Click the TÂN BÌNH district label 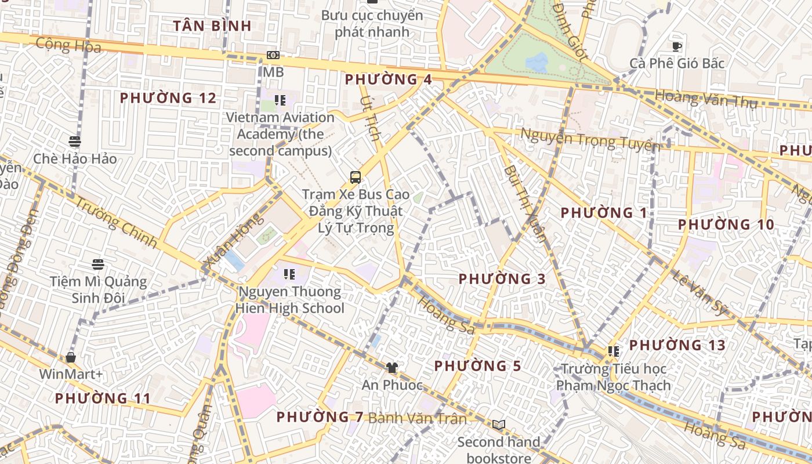(x=212, y=26)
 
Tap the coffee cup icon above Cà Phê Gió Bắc (x=676, y=46)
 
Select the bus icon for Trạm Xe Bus (x=355, y=177)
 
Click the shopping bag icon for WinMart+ (x=71, y=357)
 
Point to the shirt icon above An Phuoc (x=392, y=368)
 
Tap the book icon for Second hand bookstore (x=499, y=425)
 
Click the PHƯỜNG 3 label (x=502, y=279)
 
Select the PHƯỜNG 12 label (x=168, y=98)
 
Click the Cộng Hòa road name (x=68, y=45)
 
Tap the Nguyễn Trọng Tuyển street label (x=590, y=139)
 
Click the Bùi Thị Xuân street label (x=525, y=203)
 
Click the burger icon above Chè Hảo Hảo (x=74, y=142)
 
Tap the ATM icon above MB (x=273, y=55)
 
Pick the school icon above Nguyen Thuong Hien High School (x=289, y=274)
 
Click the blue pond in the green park (x=536, y=63)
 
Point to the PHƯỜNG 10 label (x=726, y=224)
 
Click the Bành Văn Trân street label (x=417, y=418)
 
